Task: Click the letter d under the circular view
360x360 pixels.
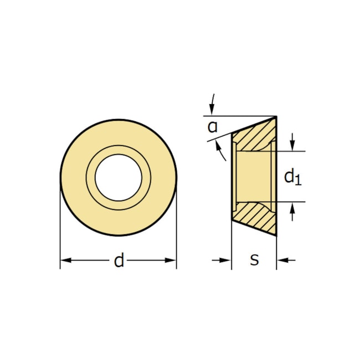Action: (119, 260)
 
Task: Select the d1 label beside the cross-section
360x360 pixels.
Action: (292, 177)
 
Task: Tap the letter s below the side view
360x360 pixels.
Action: (254, 260)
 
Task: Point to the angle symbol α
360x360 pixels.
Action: (212, 126)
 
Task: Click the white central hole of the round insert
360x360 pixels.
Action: (118, 177)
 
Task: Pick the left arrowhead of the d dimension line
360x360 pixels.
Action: (65, 260)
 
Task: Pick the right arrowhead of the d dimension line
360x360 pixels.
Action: (171, 260)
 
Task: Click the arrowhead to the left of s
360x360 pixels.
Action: (226, 260)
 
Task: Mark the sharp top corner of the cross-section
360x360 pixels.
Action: (275, 117)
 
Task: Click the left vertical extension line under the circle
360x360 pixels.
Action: (60, 233)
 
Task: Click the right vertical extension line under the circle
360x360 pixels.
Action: (177, 233)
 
